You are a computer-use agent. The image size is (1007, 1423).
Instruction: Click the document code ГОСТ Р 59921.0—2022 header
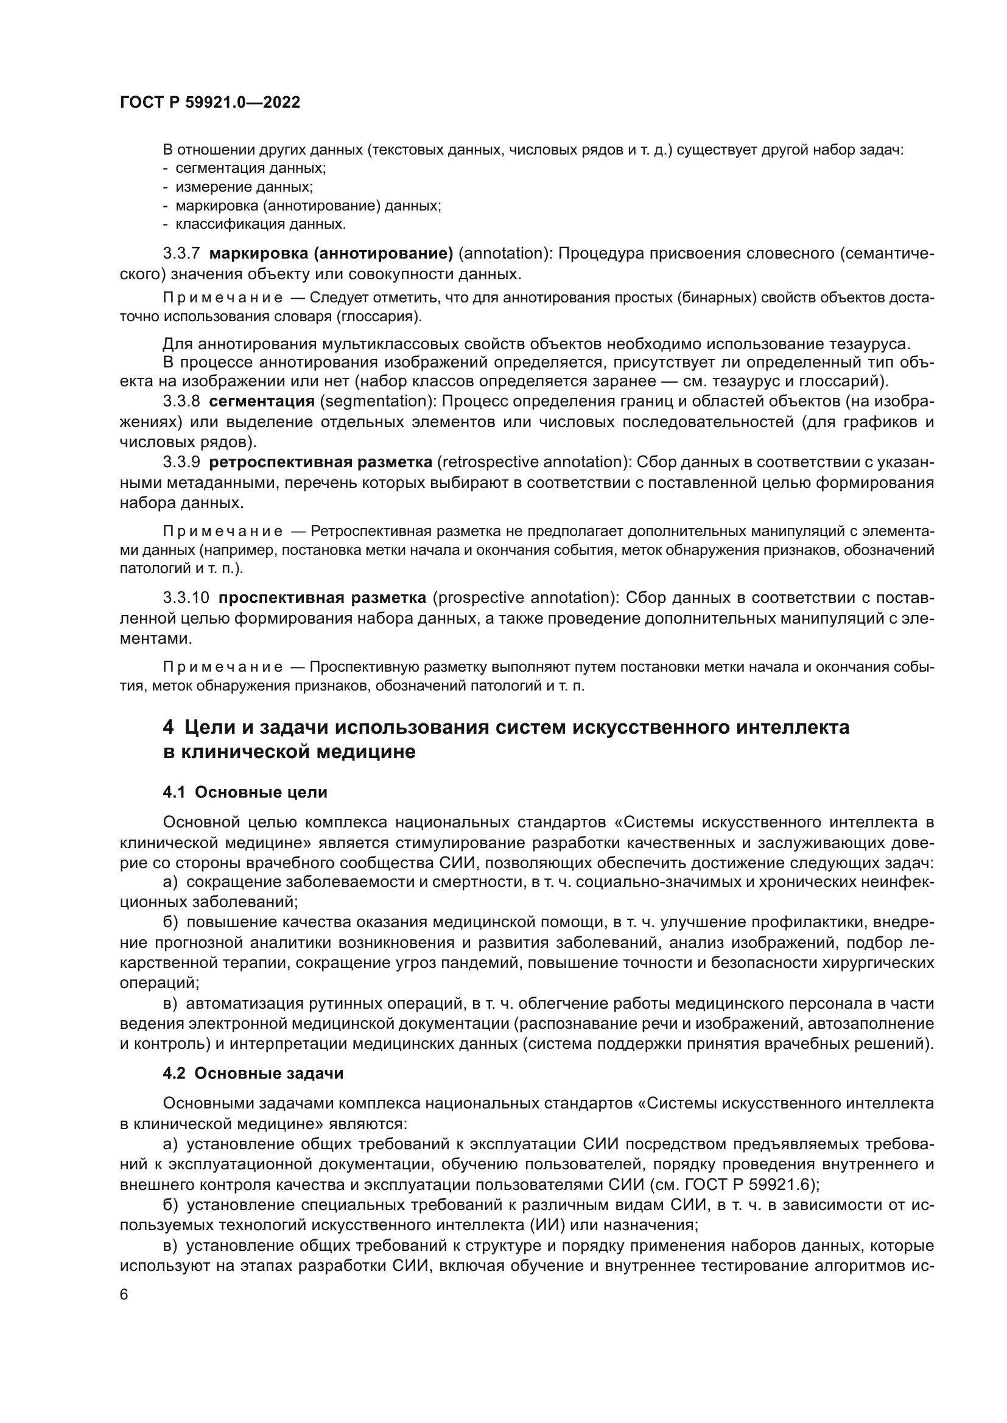pos(209,103)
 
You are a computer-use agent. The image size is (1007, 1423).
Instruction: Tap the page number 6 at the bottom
pos(124,1295)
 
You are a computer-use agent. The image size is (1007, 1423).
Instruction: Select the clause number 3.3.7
pos(181,254)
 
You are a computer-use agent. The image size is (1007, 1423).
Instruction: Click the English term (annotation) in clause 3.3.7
pos(503,254)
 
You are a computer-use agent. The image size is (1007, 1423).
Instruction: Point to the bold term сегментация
pos(262,402)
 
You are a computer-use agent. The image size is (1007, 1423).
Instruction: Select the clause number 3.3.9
pos(181,462)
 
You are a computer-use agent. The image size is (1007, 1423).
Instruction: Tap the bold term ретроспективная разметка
pos(321,462)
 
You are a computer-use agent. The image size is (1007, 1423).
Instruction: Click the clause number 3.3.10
pos(186,598)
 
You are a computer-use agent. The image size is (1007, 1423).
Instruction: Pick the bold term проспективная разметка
pos(323,598)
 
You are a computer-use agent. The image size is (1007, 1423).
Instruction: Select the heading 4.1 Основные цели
pos(245,792)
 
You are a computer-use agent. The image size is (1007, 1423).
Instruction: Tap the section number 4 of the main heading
pos(168,727)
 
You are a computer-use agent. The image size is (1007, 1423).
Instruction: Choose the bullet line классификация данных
pos(261,224)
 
